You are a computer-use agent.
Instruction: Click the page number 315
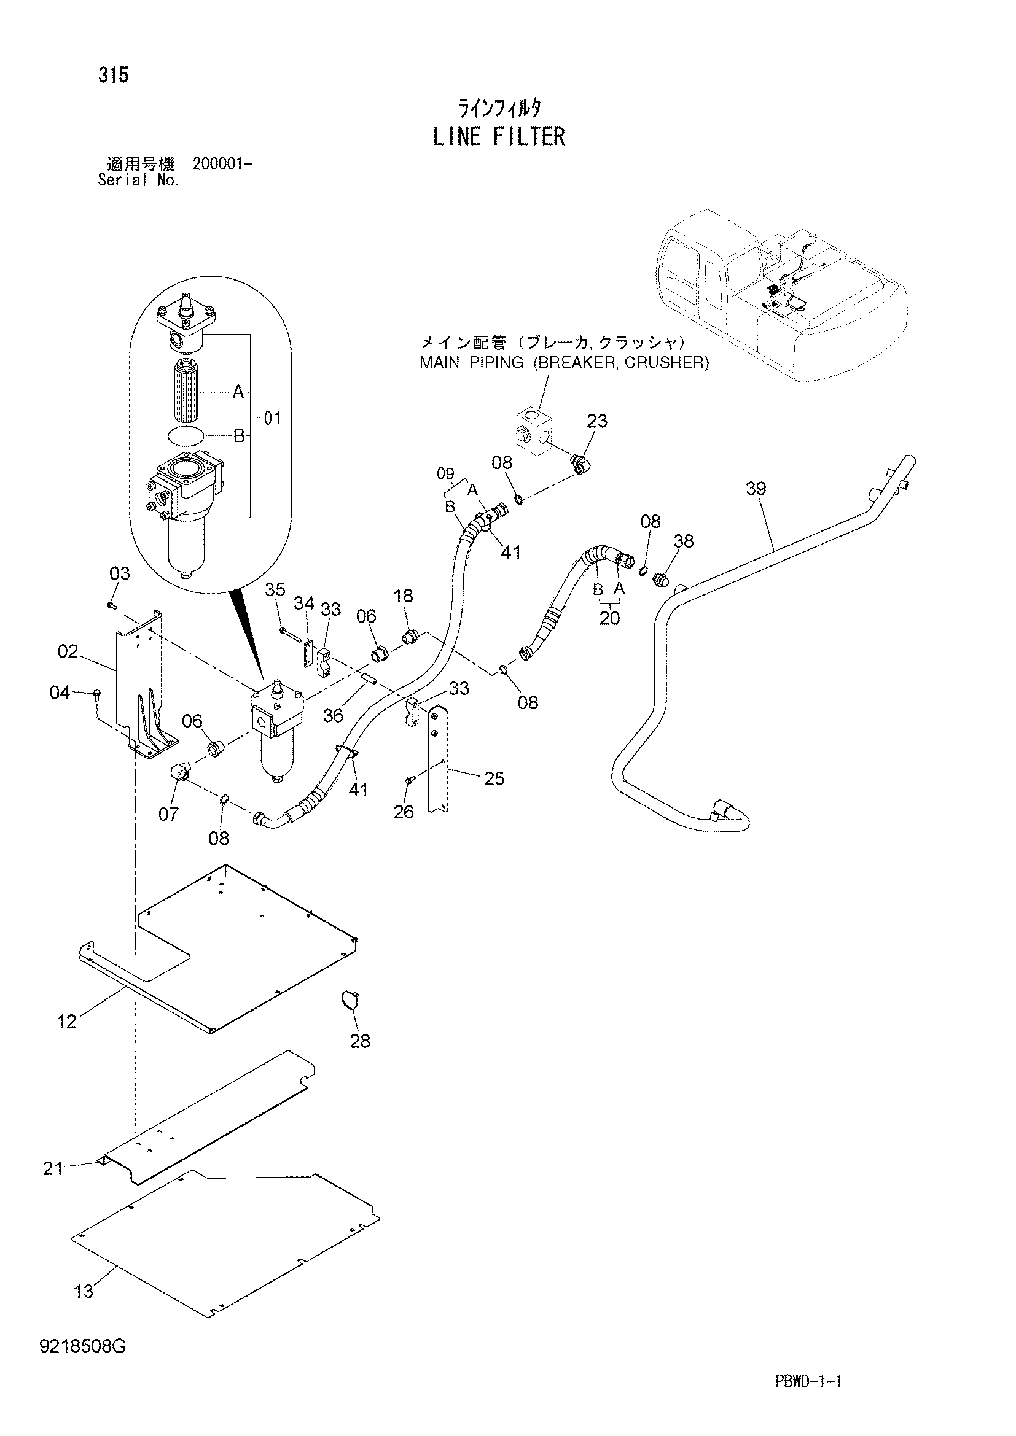[113, 75]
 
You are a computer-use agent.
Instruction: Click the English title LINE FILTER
[499, 136]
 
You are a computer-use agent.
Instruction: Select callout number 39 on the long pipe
[756, 488]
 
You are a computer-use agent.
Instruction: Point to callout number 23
[597, 421]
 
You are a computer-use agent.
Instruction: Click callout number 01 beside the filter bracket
[272, 418]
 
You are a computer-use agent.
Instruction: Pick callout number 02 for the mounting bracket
[68, 652]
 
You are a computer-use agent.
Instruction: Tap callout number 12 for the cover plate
[66, 1022]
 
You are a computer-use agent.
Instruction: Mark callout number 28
[360, 1041]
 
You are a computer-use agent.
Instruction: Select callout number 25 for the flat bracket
[494, 778]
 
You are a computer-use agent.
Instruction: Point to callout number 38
[684, 541]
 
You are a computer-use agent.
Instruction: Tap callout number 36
[333, 715]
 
